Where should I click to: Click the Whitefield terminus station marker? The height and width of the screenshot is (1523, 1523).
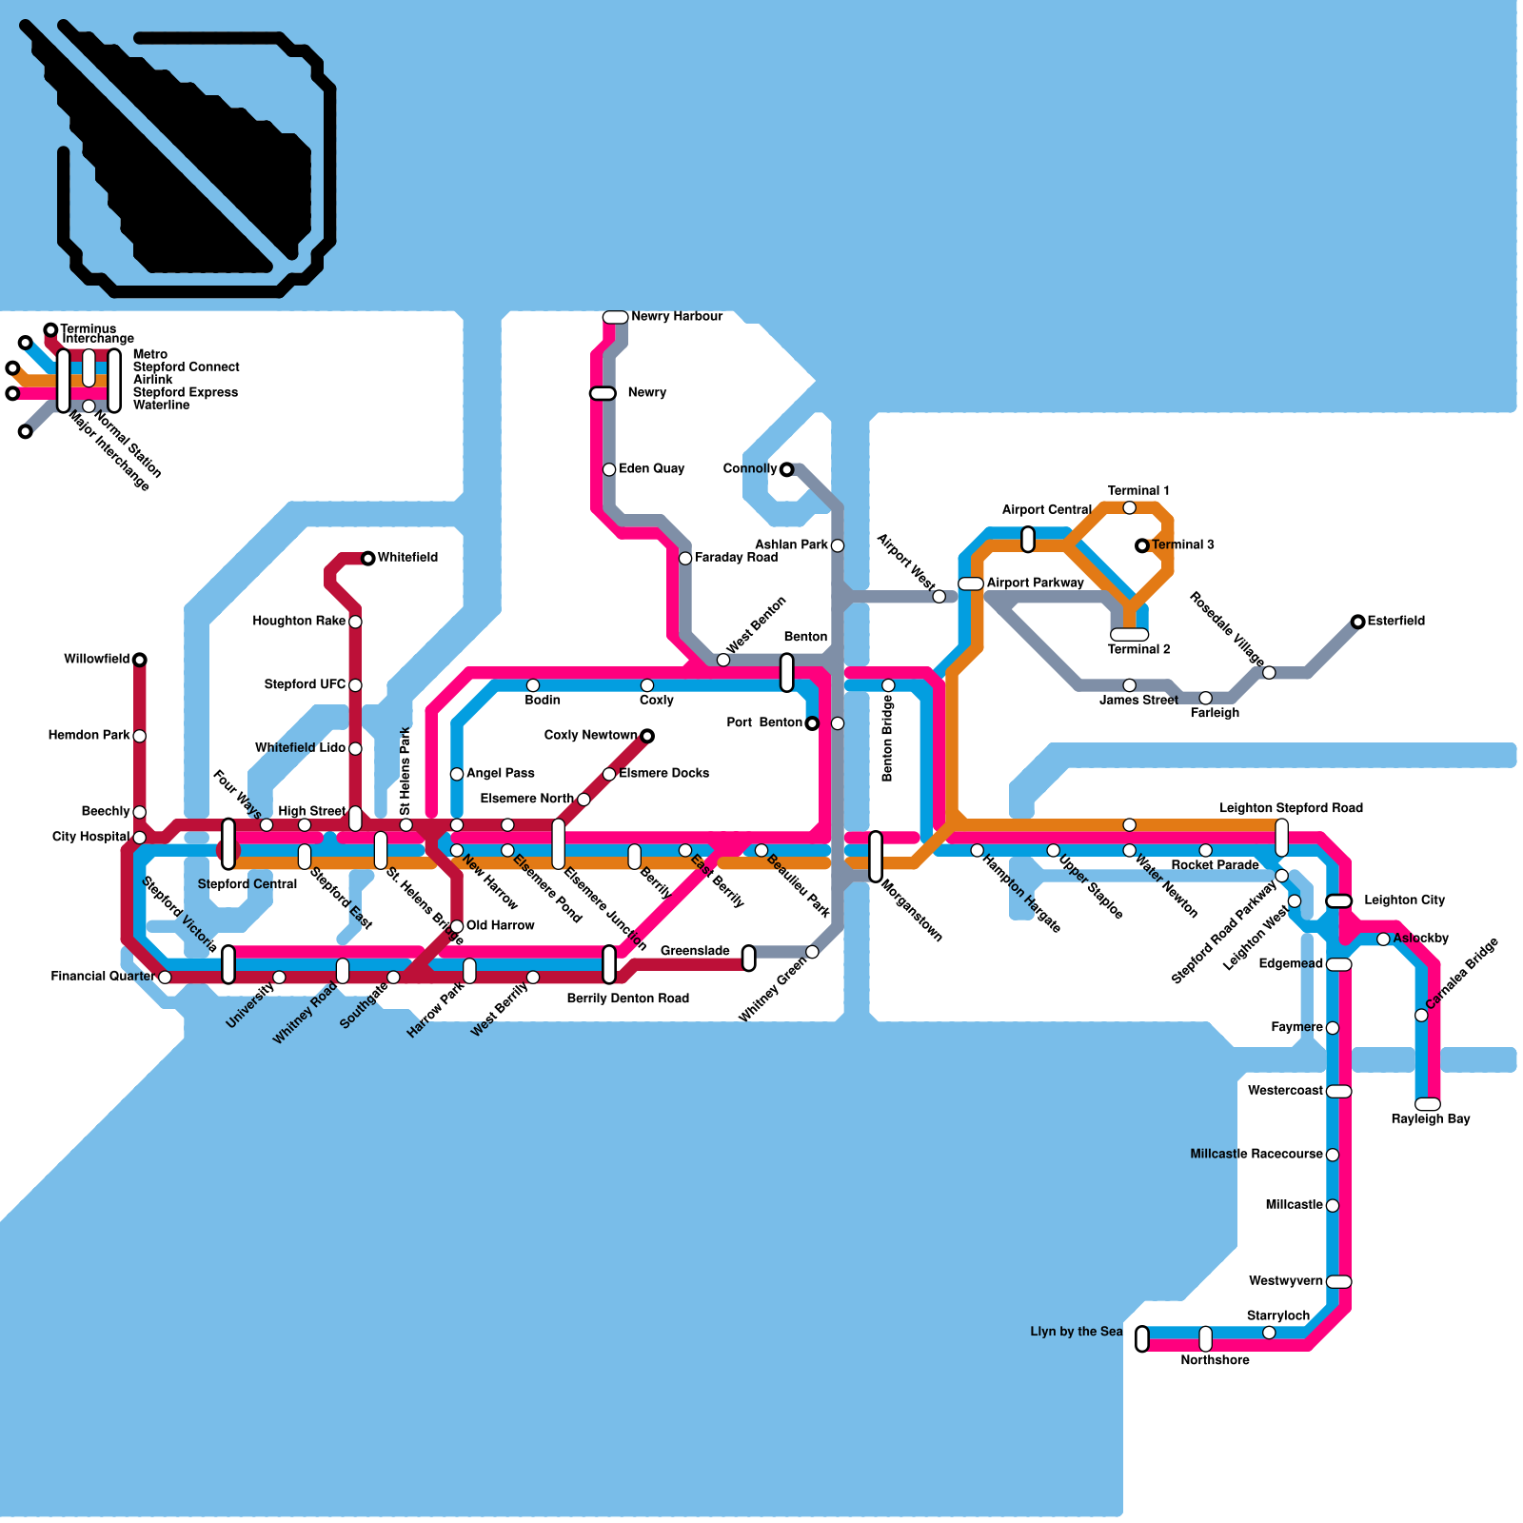[368, 558]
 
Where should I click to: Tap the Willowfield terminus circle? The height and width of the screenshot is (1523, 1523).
[140, 660]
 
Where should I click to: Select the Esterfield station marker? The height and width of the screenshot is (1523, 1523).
[1358, 622]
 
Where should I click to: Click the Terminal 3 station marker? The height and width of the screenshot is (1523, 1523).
[1142, 545]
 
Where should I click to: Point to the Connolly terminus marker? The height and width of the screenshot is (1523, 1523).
[786, 469]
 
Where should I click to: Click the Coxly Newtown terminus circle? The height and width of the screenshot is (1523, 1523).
[647, 736]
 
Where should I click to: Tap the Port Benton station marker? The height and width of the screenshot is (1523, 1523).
[812, 723]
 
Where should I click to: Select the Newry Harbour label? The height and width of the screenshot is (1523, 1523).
[677, 317]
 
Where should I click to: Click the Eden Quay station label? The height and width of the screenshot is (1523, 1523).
[651, 469]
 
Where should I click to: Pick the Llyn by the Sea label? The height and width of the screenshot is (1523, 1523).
[1076, 1332]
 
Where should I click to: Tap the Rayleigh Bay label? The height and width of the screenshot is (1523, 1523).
[1430, 1119]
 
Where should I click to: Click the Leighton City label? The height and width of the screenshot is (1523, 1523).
[1404, 900]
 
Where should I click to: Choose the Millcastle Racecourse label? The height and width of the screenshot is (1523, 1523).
[1256, 1155]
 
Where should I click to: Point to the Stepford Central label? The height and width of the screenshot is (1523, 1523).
[247, 884]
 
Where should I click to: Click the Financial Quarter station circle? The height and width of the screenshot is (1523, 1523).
[165, 978]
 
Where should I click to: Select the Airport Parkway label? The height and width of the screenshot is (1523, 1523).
[1035, 583]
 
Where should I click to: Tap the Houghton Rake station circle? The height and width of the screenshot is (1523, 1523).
[355, 622]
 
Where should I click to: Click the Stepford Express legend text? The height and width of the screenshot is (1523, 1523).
[186, 392]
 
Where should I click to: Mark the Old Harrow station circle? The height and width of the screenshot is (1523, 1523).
[457, 926]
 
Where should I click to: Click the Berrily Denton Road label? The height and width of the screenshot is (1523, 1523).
[627, 999]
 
